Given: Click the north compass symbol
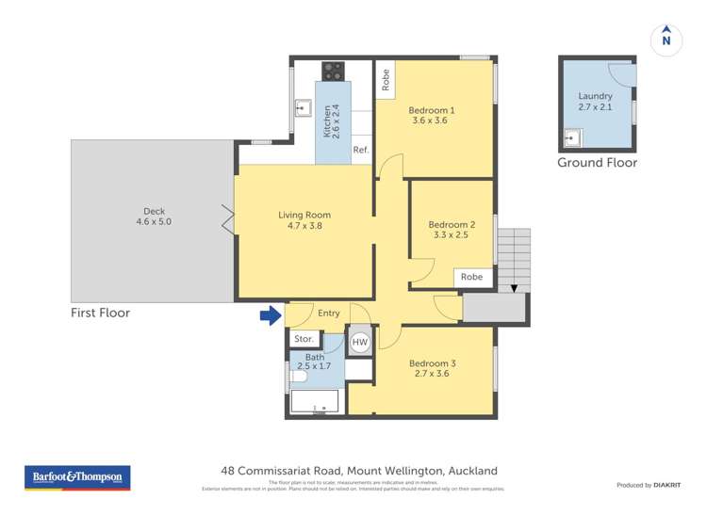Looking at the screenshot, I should pyautogui.click(x=666, y=38).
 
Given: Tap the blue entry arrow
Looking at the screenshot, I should pyautogui.click(x=271, y=314).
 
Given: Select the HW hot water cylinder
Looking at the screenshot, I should pyautogui.click(x=359, y=343).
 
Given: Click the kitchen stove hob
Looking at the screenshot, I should pyautogui.click(x=333, y=70).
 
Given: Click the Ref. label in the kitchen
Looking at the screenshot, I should pyautogui.click(x=361, y=151).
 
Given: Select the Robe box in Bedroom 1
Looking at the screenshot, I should pyautogui.click(x=386, y=80).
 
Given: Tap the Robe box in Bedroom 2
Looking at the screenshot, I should pyautogui.click(x=471, y=278).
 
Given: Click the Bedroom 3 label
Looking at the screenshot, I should pyautogui.click(x=433, y=364).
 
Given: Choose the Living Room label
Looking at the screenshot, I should pyautogui.click(x=304, y=215).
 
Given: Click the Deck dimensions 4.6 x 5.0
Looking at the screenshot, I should pyautogui.click(x=154, y=222).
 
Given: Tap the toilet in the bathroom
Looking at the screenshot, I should pyautogui.click(x=297, y=377).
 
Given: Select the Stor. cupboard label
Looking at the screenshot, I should pyautogui.click(x=304, y=339).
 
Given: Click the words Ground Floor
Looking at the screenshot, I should pyautogui.click(x=597, y=163).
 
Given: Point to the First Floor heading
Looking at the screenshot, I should pyautogui.click(x=100, y=313).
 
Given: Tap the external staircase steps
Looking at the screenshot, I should pyautogui.click(x=514, y=259).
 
